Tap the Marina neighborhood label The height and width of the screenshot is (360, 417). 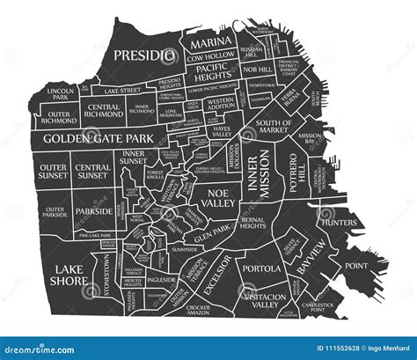(x=211, y=42)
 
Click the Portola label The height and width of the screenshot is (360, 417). (x=261, y=268)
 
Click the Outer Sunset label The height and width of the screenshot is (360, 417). (x=53, y=171)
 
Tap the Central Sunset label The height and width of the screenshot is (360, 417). (x=92, y=171)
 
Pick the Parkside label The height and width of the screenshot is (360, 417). (x=93, y=211)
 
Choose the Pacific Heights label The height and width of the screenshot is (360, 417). (x=212, y=72)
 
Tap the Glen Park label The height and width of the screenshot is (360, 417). (x=212, y=236)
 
